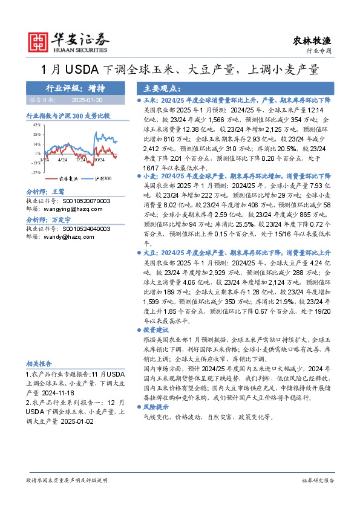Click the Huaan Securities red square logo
point(39,41)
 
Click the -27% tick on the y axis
point(36,172)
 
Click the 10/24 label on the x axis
point(100,160)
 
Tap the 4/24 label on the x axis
point(63,160)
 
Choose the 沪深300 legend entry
point(103,179)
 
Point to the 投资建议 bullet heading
point(157,331)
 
